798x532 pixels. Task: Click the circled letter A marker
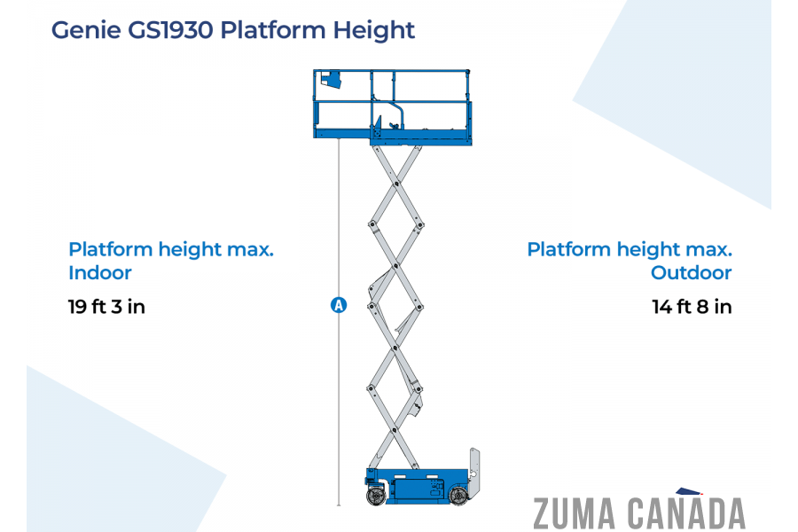(339, 306)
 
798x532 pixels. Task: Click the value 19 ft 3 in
(106, 308)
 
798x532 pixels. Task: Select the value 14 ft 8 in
(692, 308)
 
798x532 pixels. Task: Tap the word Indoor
(100, 273)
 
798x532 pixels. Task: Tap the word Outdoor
(692, 273)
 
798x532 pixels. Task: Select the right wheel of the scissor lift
(458, 496)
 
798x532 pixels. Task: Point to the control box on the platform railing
(331, 79)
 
